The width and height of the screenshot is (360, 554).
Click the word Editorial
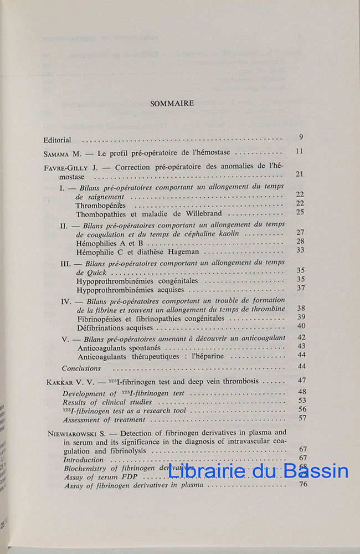60,140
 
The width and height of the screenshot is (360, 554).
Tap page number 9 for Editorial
300,137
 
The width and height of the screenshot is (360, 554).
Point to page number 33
300,250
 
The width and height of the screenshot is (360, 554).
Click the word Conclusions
81,368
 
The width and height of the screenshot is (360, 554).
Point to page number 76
302,485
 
